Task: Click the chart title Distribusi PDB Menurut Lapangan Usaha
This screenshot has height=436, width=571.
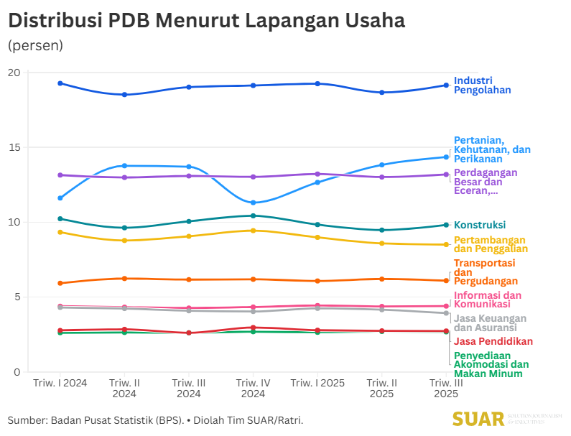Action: point(206,21)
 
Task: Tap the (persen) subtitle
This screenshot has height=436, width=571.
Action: point(35,45)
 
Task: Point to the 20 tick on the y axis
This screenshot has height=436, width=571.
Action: point(14,73)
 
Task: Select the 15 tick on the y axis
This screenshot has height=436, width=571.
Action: point(14,147)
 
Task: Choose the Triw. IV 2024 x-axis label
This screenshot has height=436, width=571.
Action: point(253,388)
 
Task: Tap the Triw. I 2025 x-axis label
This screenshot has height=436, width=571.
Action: point(317,383)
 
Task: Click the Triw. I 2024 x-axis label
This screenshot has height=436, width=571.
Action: point(60,383)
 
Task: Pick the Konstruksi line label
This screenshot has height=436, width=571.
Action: point(480,225)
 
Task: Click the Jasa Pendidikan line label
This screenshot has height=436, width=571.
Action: point(493,341)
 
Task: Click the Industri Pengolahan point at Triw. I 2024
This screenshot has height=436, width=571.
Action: point(60,83)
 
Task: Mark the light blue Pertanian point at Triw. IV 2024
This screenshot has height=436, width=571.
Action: point(253,203)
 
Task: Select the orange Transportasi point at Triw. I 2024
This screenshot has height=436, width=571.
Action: point(60,283)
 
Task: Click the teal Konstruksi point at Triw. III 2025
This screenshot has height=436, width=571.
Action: point(446,225)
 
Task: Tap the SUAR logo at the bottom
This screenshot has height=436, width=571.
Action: point(478,419)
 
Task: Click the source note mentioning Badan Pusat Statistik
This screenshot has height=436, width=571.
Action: point(156,419)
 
